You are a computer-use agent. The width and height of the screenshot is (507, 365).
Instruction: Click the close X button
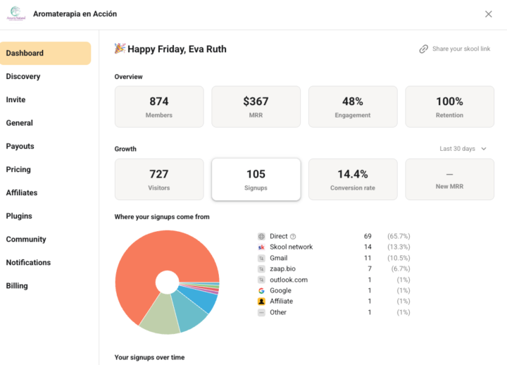(x=488, y=14)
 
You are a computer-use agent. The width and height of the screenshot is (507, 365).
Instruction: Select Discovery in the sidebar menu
(x=23, y=76)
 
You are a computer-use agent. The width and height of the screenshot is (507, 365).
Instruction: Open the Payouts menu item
(x=20, y=147)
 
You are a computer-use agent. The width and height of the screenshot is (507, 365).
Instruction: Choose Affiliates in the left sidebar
(x=22, y=192)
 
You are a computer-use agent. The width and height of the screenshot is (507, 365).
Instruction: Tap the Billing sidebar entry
(x=17, y=285)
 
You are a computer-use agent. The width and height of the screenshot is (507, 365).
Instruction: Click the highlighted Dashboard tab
(x=45, y=53)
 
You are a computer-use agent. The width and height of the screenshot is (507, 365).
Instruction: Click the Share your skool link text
(x=461, y=49)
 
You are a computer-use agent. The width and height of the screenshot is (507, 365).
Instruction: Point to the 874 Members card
(x=159, y=106)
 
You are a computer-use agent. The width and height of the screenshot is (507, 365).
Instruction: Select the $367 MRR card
(x=256, y=106)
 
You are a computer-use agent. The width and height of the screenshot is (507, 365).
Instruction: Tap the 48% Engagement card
(x=353, y=106)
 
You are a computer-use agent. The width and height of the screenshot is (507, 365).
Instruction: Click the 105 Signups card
(x=256, y=179)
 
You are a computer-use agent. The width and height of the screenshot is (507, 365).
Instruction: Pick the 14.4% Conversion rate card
(x=353, y=179)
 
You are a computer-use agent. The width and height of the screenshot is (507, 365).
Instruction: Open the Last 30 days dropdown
(x=463, y=149)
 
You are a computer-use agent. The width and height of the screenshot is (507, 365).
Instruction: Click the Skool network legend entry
(x=291, y=247)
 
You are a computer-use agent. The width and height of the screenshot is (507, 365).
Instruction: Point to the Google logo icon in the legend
(x=261, y=290)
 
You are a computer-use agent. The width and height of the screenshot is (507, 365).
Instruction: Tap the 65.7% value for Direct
(x=399, y=236)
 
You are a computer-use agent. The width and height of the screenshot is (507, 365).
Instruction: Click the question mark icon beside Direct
(x=293, y=237)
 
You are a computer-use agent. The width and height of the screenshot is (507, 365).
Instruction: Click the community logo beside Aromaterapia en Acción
(x=15, y=13)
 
